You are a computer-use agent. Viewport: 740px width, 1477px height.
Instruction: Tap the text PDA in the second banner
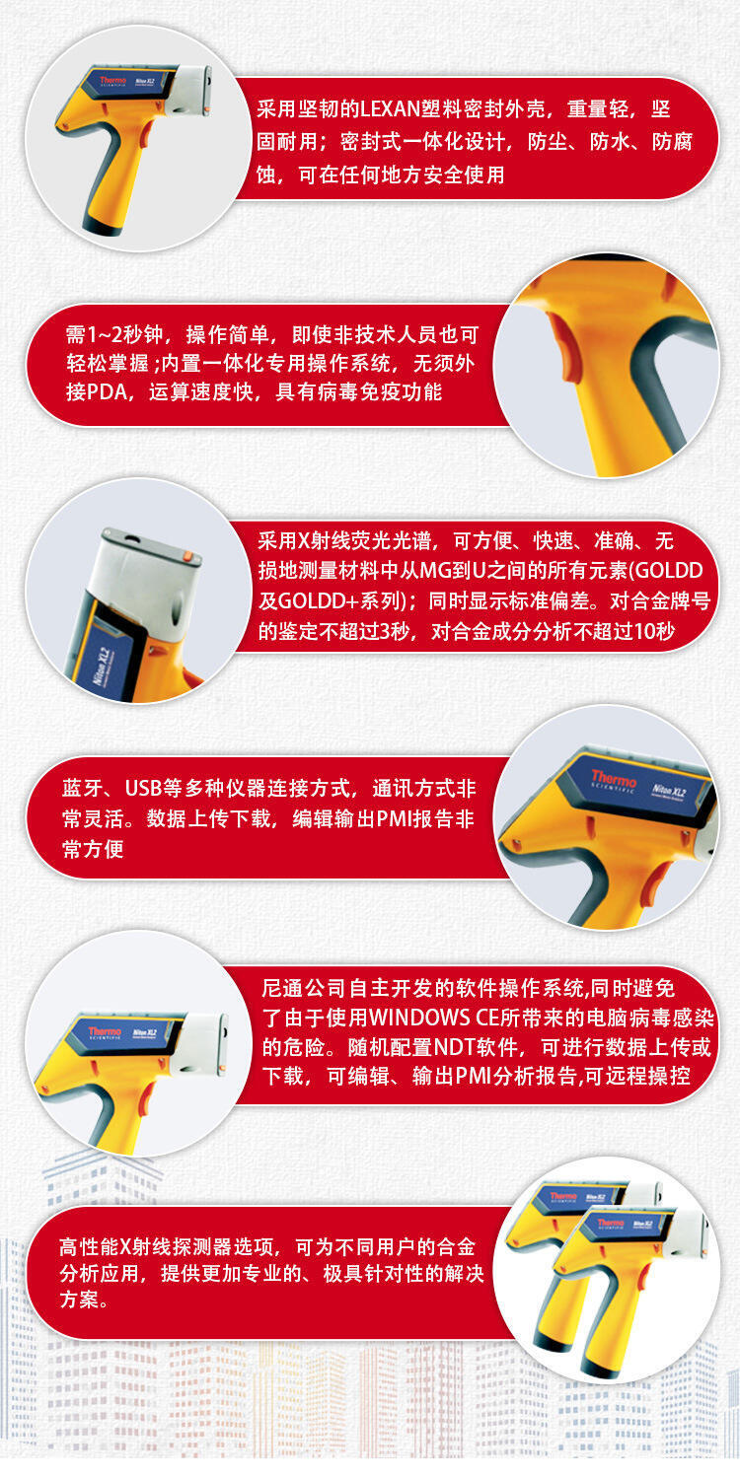coord(107,392)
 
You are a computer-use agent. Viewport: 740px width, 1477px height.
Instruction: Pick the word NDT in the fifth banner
coord(452,1047)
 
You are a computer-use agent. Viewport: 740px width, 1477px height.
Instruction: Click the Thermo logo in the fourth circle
coord(614,780)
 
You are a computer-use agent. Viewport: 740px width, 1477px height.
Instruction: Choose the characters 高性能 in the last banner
coord(89,1246)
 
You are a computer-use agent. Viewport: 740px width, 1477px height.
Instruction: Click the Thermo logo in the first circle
coord(112,81)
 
